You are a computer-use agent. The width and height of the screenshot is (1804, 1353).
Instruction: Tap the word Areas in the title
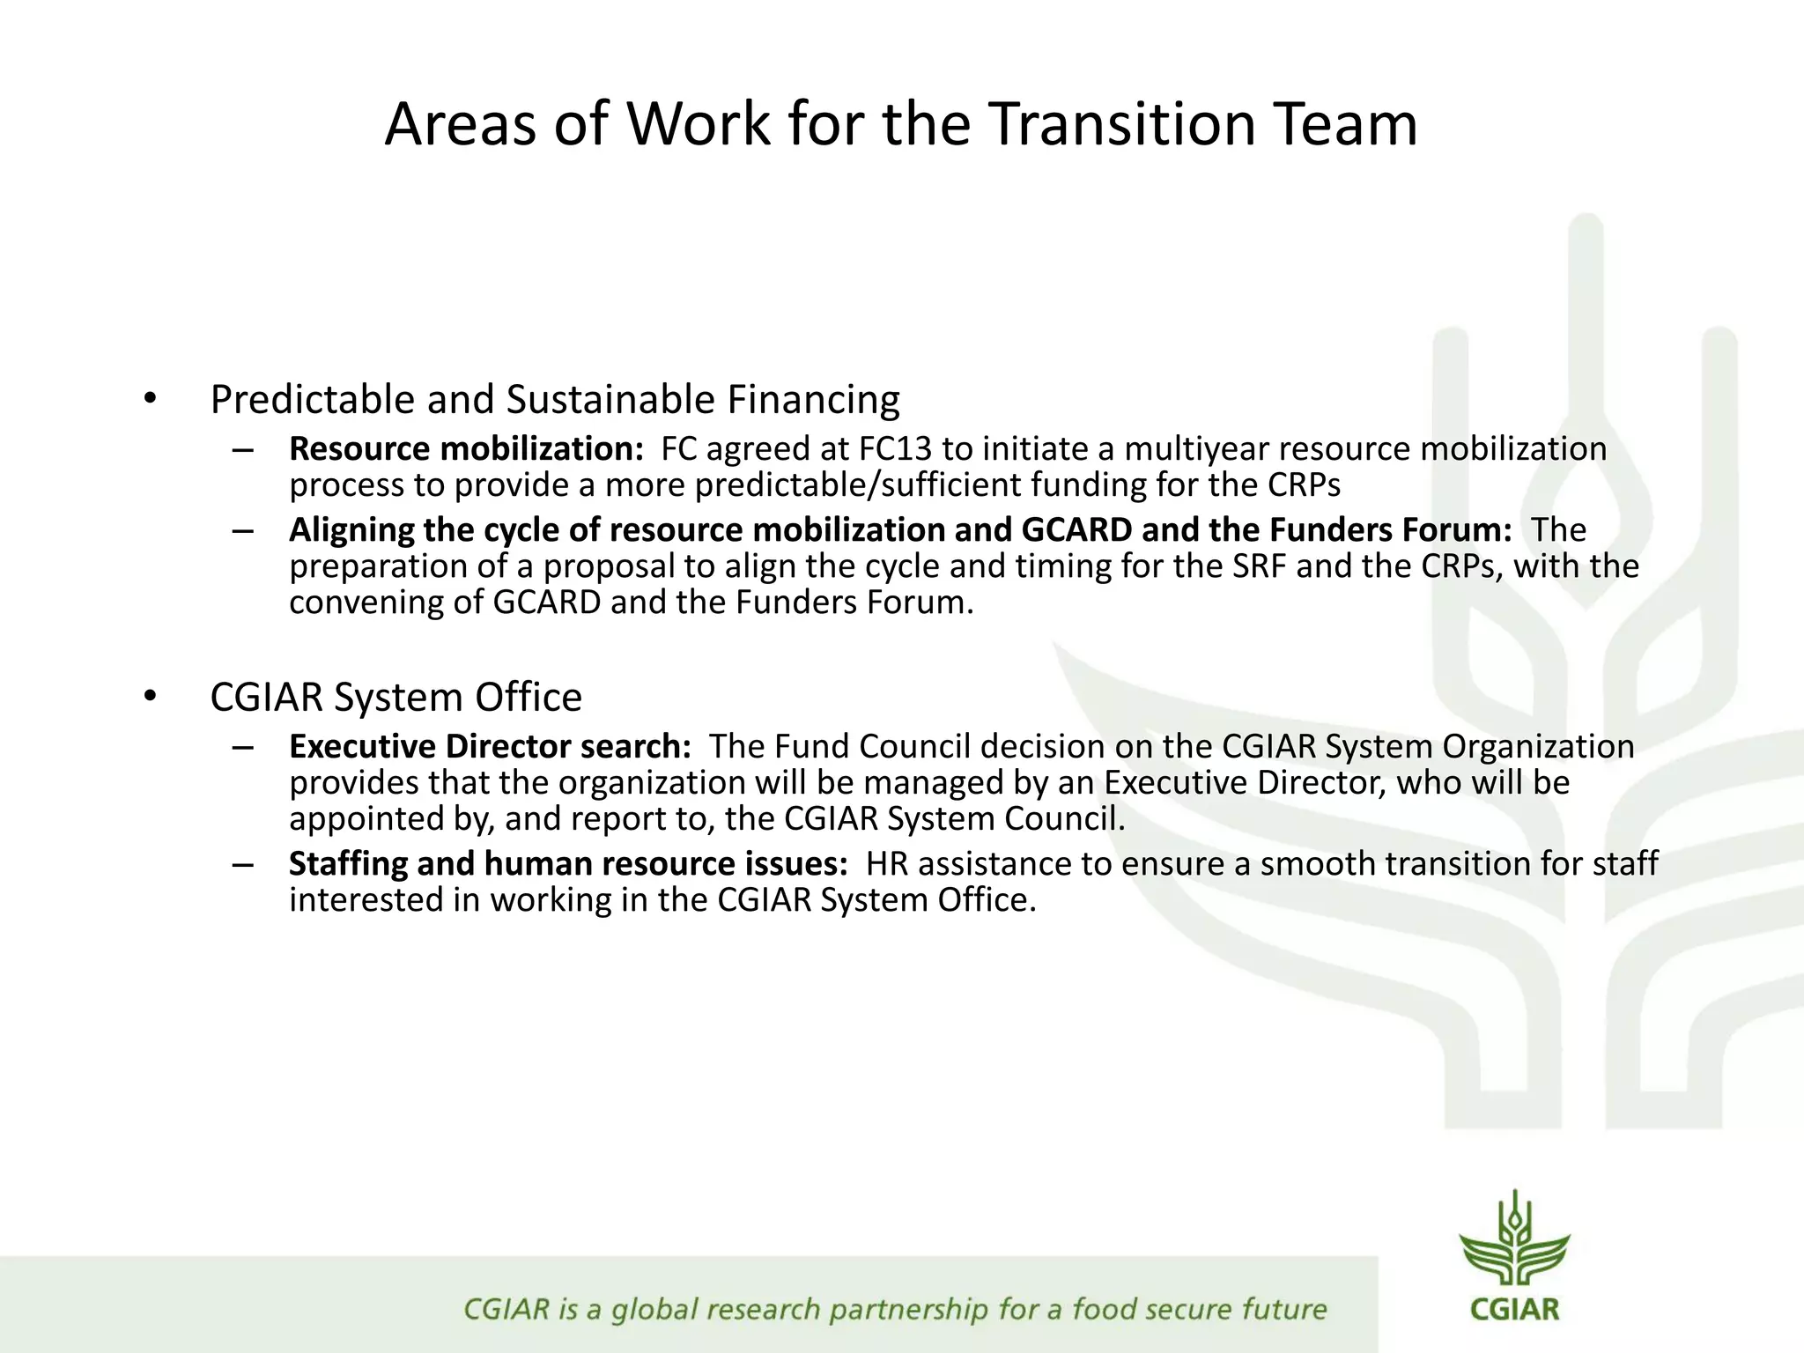coord(460,124)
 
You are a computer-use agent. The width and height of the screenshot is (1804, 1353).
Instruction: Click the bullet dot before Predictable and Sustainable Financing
coord(151,399)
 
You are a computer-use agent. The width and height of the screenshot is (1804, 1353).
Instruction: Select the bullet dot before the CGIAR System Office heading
coord(151,697)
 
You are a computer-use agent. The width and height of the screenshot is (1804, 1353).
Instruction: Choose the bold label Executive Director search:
coord(490,747)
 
